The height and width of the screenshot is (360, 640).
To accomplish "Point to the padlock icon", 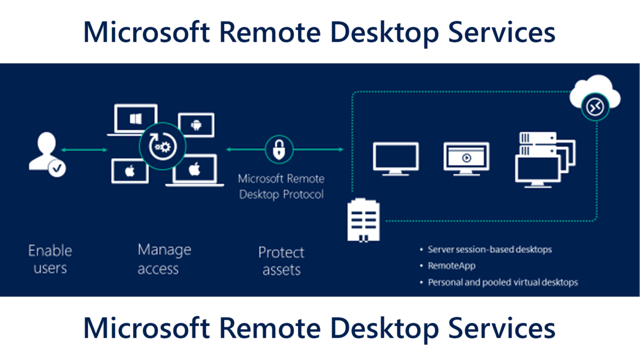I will pos(279,149).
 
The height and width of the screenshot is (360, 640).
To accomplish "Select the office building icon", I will pos(363,219).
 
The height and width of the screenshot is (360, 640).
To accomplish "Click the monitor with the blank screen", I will pos(395,158).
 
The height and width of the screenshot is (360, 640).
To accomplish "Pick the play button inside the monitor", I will pos(466,158).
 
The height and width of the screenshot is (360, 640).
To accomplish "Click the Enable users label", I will pos(50,259).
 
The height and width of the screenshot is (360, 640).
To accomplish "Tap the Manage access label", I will pos(164,259).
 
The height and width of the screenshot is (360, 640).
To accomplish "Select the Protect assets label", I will pos(281,261).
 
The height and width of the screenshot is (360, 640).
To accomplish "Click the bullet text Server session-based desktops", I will pos(490,249).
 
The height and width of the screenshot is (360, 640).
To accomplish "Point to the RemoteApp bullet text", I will pos(451,266).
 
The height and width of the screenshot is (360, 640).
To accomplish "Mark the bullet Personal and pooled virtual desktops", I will pos(503,283).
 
